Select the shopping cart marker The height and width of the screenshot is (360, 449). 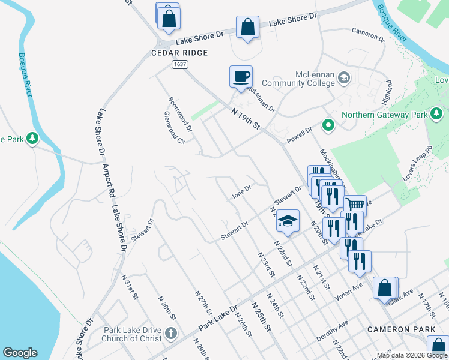click(x=355, y=206)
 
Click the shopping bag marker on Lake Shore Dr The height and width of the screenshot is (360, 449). click(x=247, y=28)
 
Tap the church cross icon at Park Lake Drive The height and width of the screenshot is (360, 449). click(x=170, y=334)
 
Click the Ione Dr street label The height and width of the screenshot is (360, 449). click(x=242, y=193)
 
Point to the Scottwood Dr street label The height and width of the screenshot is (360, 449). click(x=180, y=115)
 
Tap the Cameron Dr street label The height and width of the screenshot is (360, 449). click(x=368, y=34)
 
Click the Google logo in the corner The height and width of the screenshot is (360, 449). click(x=20, y=353)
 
